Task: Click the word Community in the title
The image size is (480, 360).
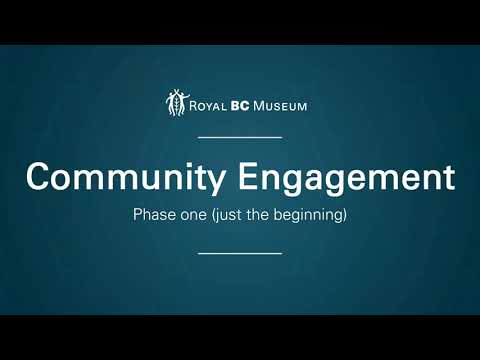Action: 126,177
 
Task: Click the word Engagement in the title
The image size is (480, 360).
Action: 347,178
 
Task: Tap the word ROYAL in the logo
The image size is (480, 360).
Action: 207,106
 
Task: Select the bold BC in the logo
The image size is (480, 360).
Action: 240,106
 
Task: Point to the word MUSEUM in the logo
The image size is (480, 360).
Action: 280,106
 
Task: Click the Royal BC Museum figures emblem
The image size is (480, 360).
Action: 177,103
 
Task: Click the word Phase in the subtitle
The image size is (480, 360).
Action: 154,214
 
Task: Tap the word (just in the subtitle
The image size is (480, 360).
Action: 227,215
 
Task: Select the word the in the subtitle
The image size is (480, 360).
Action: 258,214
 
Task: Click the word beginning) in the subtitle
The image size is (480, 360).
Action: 310,215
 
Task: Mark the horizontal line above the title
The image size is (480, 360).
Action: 240,137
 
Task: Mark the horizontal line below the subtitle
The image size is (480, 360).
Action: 240,253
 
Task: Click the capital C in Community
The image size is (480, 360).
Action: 39,176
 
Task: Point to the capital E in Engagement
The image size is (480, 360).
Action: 249,176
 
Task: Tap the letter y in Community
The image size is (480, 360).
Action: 215,183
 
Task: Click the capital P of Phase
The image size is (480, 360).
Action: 138,214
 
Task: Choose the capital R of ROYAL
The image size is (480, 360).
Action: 194,106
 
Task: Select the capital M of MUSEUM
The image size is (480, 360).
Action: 260,106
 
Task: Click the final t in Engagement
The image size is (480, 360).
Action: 450,178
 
